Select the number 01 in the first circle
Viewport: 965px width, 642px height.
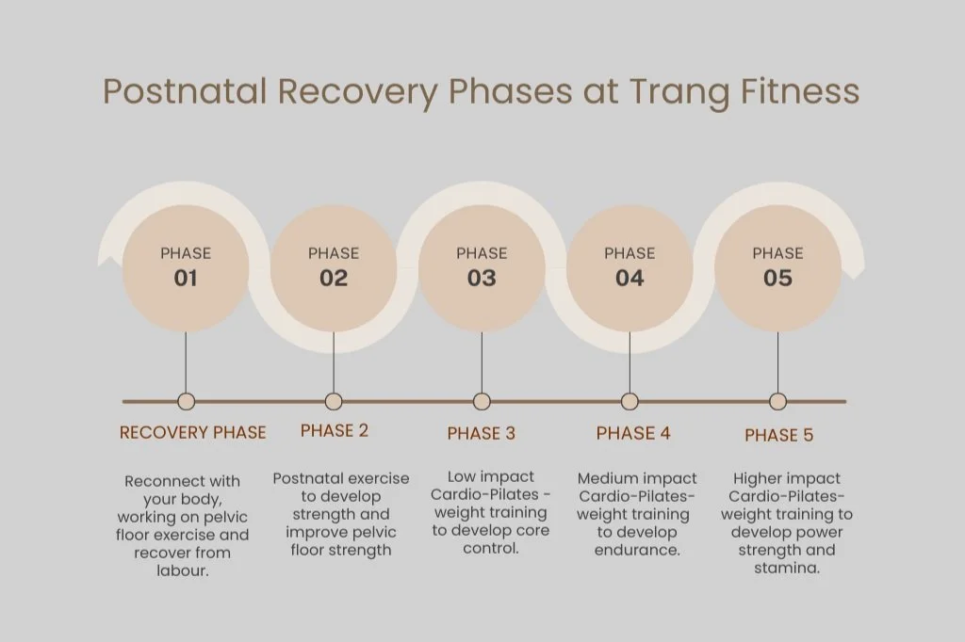pyautogui.click(x=186, y=278)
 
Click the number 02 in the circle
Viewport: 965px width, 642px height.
pyautogui.click(x=334, y=278)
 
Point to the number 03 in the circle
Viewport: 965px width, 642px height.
pyautogui.click(x=482, y=278)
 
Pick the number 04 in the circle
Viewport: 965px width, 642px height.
pyautogui.click(x=630, y=278)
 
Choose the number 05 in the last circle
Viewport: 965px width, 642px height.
pyautogui.click(x=777, y=278)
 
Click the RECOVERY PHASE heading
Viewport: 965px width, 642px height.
pyautogui.click(x=192, y=433)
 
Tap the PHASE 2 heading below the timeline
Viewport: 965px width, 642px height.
pyautogui.click(x=335, y=431)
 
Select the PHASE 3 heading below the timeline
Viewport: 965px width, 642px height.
pyautogui.click(x=482, y=434)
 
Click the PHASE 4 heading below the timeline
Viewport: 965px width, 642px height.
pyautogui.click(x=633, y=434)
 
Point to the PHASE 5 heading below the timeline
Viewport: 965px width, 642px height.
pyautogui.click(x=778, y=435)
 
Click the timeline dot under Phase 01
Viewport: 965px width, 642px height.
pyautogui.click(x=186, y=402)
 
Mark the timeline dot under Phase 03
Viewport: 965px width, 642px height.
pyautogui.click(x=482, y=402)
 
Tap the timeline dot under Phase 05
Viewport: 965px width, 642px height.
pyautogui.click(x=777, y=402)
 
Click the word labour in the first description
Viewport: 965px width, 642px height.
pyautogui.click(x=182, y=570)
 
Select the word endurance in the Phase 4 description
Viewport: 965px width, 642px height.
pyautogui.click(x=637, y=551)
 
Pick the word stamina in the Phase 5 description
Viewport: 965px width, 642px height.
pyautogui.click(x=786, y=569)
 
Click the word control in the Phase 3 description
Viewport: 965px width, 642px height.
pyautogui.click(x=490, y=549)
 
